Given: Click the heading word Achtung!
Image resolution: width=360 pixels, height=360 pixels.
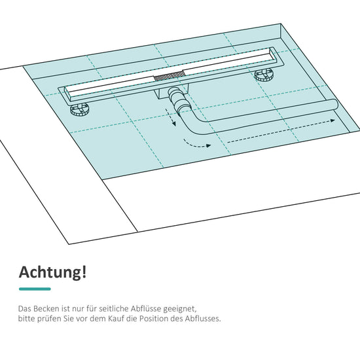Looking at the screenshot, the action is pos(52,272).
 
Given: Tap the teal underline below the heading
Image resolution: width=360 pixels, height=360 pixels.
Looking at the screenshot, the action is pos(35,289).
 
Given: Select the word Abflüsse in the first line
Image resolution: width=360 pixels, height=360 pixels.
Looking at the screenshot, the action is pos(146,308).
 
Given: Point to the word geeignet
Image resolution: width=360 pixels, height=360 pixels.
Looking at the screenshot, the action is pos(180,309).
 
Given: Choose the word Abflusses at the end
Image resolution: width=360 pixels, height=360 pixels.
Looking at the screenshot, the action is pos(203,319).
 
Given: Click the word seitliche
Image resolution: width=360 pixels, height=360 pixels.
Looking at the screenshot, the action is pos(114,308).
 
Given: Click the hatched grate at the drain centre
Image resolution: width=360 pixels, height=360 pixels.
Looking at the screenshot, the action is pos(170,76).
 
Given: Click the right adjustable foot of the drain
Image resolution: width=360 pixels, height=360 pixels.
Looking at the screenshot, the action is pos(264,75).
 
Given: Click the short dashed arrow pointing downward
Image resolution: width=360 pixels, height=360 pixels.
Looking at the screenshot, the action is pos(171,117).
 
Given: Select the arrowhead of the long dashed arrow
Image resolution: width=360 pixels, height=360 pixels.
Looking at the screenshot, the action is pos(333,120).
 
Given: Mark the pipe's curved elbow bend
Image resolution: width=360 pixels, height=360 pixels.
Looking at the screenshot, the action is pos(193,124).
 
